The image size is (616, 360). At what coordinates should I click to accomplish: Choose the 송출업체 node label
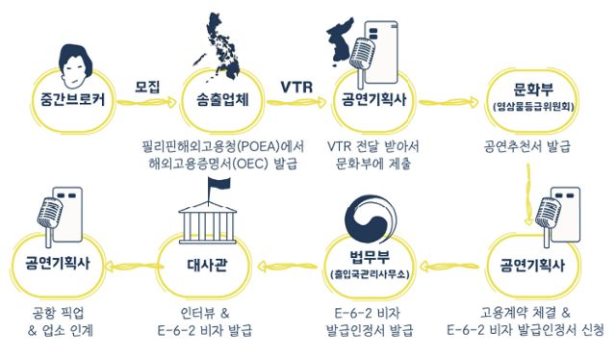pyautogui.click(x=223, y=99)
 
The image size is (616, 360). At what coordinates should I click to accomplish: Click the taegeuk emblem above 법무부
pyautogui.click(x=371, y=219)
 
